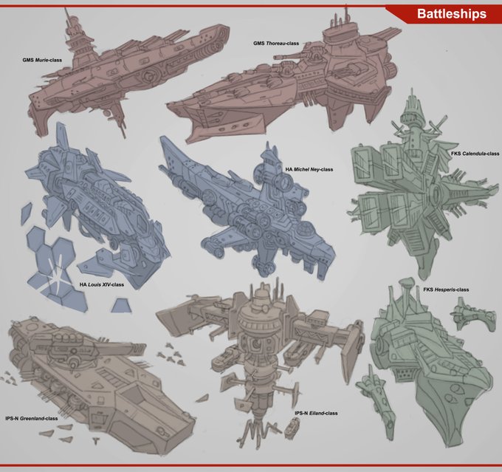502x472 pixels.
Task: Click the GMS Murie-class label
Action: [42, 58]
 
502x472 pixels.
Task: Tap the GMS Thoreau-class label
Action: [277, 43]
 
